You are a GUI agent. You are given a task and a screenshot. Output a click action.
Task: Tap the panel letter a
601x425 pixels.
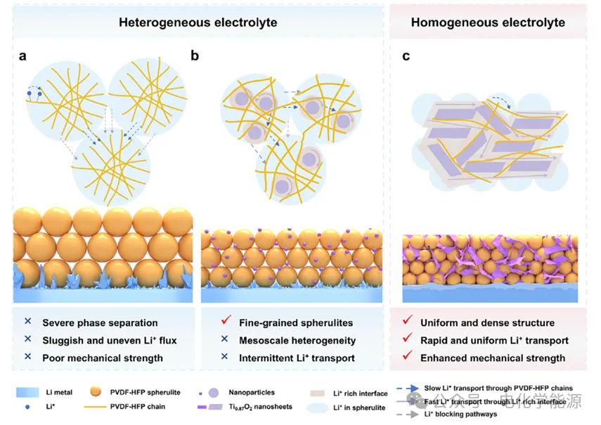pyautogui.click(x=23, y=55)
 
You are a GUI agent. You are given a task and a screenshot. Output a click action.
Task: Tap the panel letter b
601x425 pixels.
pyautogui.click(x=195, y=55)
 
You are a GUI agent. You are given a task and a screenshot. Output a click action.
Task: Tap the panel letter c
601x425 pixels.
pyautogui.click(x=406, y=55)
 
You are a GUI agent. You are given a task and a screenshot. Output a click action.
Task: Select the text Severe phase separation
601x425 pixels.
pyautogui.click(x=100, y=323)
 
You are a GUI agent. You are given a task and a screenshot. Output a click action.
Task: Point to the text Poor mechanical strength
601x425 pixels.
pyautogui.click(x=103, y=358)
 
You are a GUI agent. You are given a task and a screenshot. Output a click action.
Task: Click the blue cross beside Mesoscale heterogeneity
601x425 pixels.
pyautogui.click(x=225, y=340)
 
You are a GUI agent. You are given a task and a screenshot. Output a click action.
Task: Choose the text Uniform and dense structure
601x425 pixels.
pyautogui.click(x=487, y=323)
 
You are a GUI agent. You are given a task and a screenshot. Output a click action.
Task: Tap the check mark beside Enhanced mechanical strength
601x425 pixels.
pyautogui.click(x=406, y=357)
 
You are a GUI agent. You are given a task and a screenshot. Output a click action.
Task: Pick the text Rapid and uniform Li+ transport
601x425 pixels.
pyautogui.click(x=494, y=341)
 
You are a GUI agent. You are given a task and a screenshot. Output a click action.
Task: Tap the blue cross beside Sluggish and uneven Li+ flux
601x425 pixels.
pyautogui.click(x=28, y=340)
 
